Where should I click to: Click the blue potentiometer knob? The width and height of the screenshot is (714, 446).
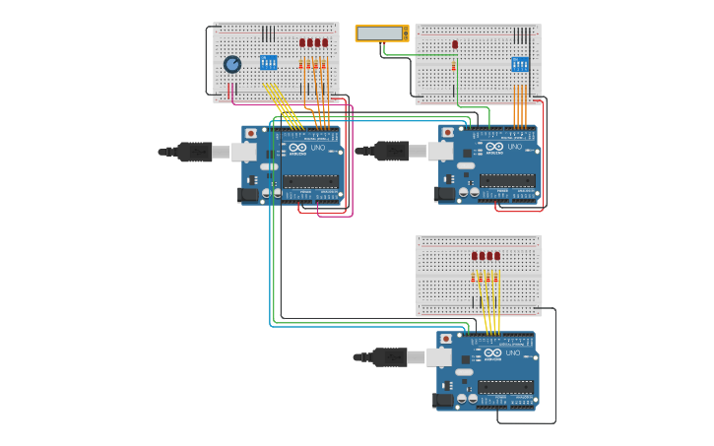232,64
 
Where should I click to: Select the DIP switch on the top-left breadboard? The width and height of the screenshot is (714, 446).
268,62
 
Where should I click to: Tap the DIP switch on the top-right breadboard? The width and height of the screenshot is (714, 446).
519,64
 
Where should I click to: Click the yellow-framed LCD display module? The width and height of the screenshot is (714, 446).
381,33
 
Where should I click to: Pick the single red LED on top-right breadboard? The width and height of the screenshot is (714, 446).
455,44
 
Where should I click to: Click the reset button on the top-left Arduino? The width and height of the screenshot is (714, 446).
251,132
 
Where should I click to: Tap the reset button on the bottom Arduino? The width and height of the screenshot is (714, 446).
445,339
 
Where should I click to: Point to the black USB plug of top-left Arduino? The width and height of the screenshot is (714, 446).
194,151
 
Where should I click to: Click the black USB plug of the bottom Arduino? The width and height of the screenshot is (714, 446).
389,356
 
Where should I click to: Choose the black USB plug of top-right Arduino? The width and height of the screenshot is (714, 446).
391,151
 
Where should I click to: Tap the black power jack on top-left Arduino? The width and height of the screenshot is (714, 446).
248,195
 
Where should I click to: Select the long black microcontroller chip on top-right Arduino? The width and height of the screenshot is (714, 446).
507,180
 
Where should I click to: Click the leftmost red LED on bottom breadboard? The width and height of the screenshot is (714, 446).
474,256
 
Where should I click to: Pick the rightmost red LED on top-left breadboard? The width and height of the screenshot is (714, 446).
325,42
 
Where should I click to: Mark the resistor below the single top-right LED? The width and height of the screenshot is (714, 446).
454,66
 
